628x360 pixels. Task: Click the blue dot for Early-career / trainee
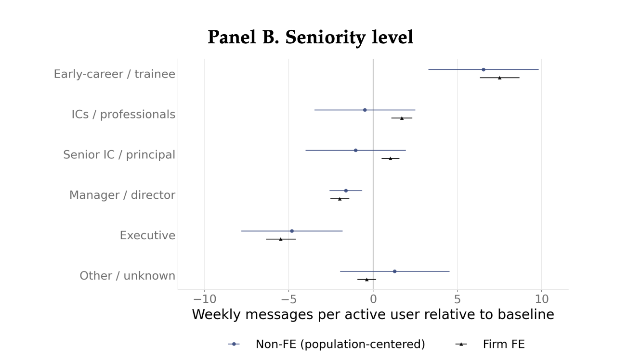(x=484, y=69)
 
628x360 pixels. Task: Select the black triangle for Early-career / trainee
(x=499, y=77)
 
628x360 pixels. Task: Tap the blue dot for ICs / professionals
(x=365, y=110)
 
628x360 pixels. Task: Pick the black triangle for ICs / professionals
(x=402, y=118)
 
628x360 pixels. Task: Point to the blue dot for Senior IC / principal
(x=355, y=150)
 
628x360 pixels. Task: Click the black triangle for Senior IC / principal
(x=390, y=158)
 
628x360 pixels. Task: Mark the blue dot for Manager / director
(x=346, y=191)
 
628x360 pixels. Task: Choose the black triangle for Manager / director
(x=340, y=199)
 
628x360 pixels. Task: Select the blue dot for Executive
(x=291, y=231)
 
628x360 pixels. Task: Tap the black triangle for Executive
(x=280, y=239)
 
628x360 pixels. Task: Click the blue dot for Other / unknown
(x=394, y=271)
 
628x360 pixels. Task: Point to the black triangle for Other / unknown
(x=366, y=279)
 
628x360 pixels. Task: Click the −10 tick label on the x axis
(x=205, y=299)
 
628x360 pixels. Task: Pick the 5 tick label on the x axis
(x=457, y=299)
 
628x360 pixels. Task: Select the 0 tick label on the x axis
(x=373, y=299)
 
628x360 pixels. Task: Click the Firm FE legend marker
(x=461, y=344)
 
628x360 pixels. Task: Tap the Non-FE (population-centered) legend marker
(x=234, y=344)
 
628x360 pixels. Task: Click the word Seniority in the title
(x=326, y=37)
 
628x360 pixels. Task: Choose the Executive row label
(x=147, y=235)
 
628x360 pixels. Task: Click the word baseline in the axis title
(x=526, y=314)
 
